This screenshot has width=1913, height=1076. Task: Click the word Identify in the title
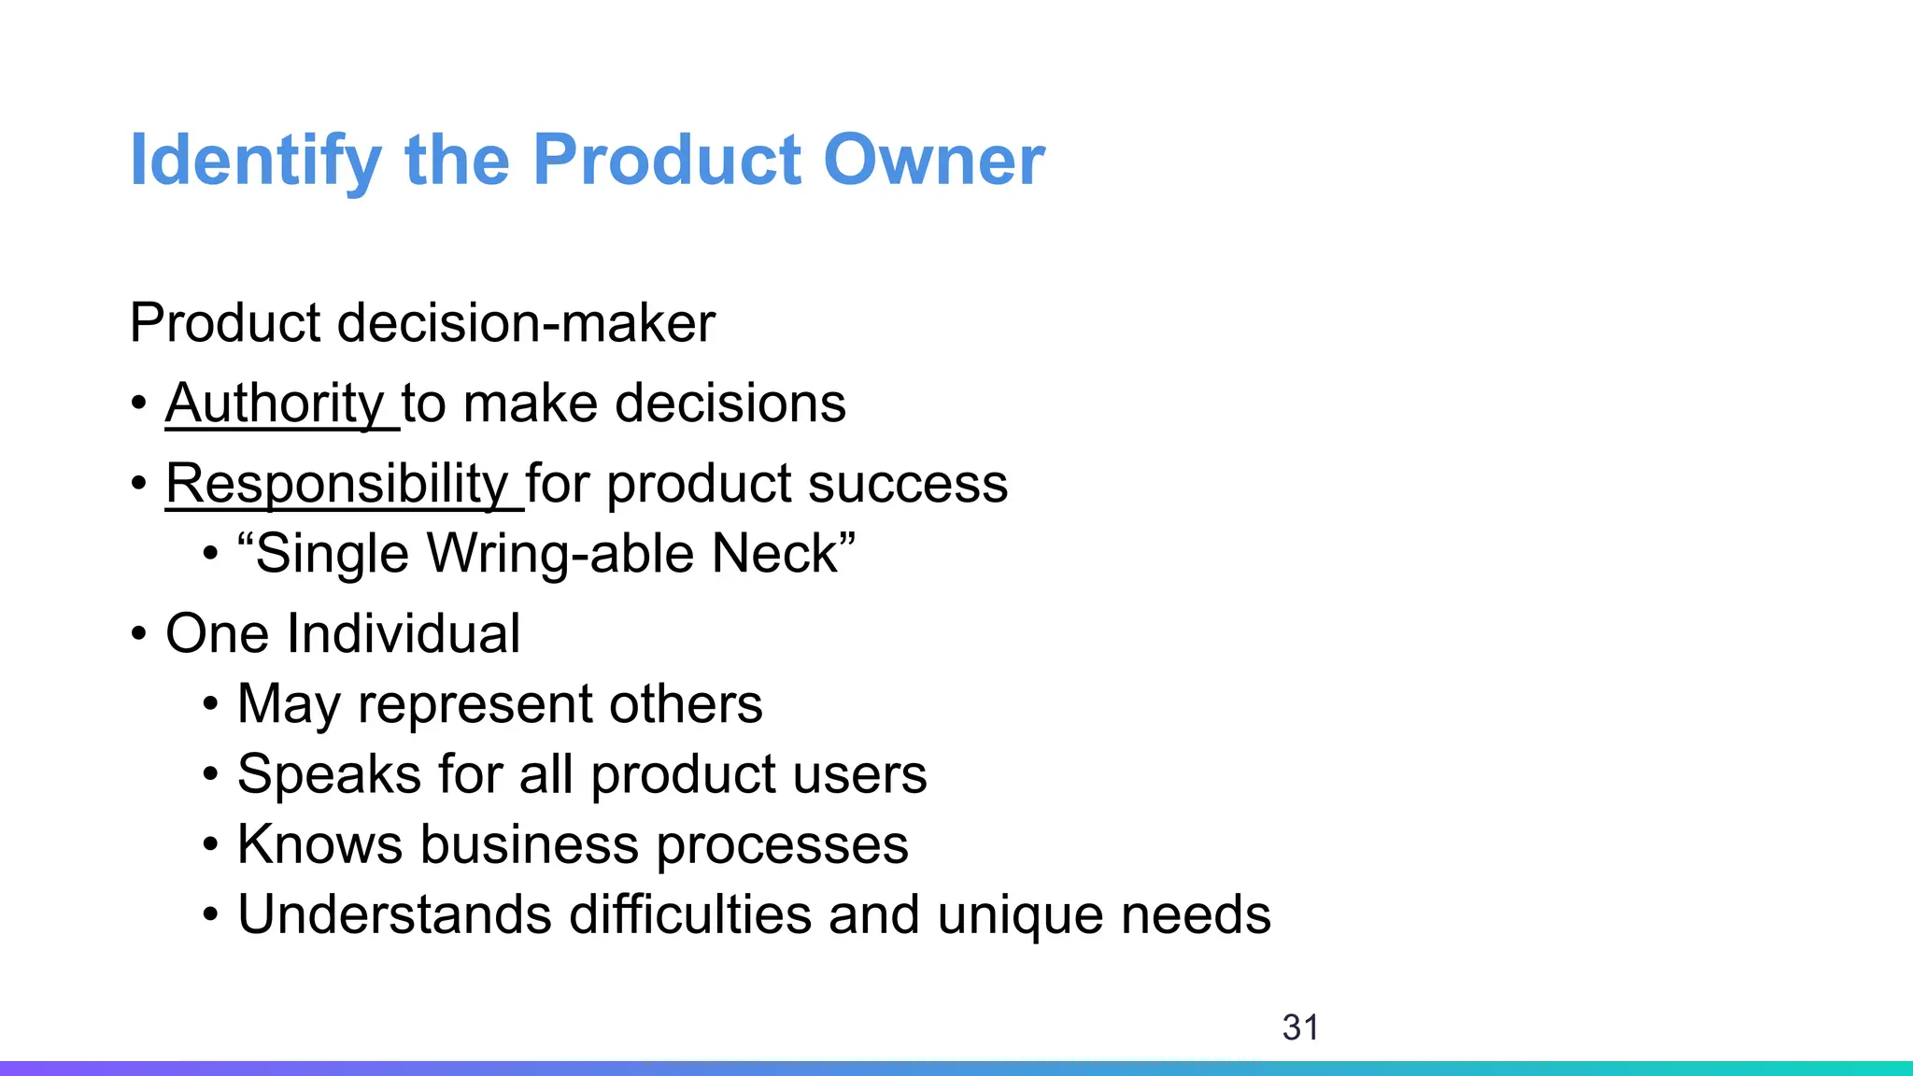[x=255, y=161]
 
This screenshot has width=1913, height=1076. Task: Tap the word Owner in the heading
[x=933, y=161]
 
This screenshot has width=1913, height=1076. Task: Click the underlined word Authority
[x=275, y=403]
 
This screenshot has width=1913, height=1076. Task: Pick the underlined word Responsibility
[x=336, y=484]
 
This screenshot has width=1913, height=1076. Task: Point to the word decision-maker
[x=526, y=323]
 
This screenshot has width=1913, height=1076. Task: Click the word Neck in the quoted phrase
[x=783, y=553]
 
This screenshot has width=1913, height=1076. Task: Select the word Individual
[x=404, y=633]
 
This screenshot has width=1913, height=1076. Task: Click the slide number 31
[x=1300, y=1027]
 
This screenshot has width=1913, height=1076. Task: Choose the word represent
[x=475, y=704]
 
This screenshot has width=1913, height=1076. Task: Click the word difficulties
[x=690, y=914]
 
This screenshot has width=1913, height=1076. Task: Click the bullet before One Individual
[x=139, y=635]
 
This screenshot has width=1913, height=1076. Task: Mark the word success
[x=908, y=485]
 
